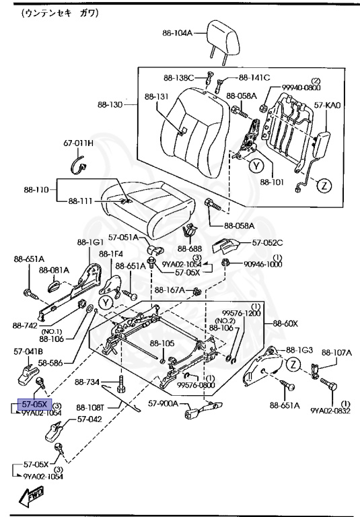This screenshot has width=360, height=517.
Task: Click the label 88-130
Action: click(x=110, y=105)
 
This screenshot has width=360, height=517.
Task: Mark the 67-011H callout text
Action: click(x=79, y=143)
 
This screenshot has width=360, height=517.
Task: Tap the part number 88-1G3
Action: click(x=300, y=350)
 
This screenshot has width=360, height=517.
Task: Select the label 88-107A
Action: click(x=336, y=352)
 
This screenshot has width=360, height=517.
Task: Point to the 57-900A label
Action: click(x=163, y=403)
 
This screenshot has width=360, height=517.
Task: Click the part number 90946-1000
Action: click(x=263, y=265)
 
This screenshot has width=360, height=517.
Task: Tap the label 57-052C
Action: click(x=268, y=242)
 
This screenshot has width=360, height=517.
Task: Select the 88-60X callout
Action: click(x=285, y=323)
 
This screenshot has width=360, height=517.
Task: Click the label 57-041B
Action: click(x=28, y=351)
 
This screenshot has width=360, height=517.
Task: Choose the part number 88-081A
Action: click(x=55, y=270)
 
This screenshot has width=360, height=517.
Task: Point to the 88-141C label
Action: click(x=254, y=77)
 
